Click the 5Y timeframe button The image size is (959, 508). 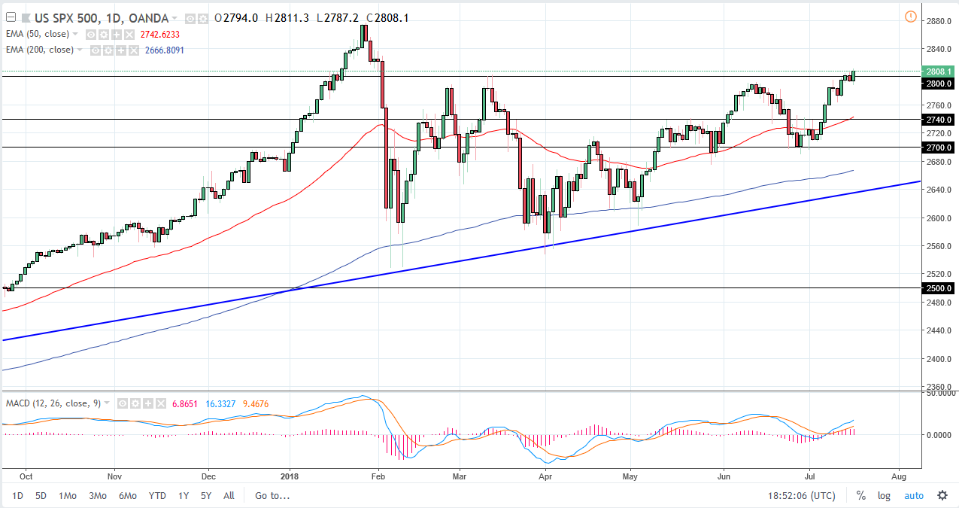tap(205, 496)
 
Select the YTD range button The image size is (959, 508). tap(157, 496)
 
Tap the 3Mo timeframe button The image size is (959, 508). tap(97, 496)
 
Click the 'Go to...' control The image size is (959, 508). tap(272, 496)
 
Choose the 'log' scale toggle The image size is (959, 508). tap(884, 496)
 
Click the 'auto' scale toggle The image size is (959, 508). tap(913, 496)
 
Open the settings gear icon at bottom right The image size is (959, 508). tap(942, 496)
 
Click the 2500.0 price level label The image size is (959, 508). tap(939, 288)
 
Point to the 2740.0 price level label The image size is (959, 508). tap(939, 120)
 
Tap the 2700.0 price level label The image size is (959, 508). tap(939, 148)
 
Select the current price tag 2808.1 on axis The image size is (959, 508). tap(939, 71)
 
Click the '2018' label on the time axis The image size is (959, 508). tap(290, 476)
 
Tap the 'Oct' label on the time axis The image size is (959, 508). tap(26, 476)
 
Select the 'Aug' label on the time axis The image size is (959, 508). tap(897, 476)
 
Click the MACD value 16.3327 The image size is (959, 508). tap(220, 404)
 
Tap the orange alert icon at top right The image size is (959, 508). tap(910, 17)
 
